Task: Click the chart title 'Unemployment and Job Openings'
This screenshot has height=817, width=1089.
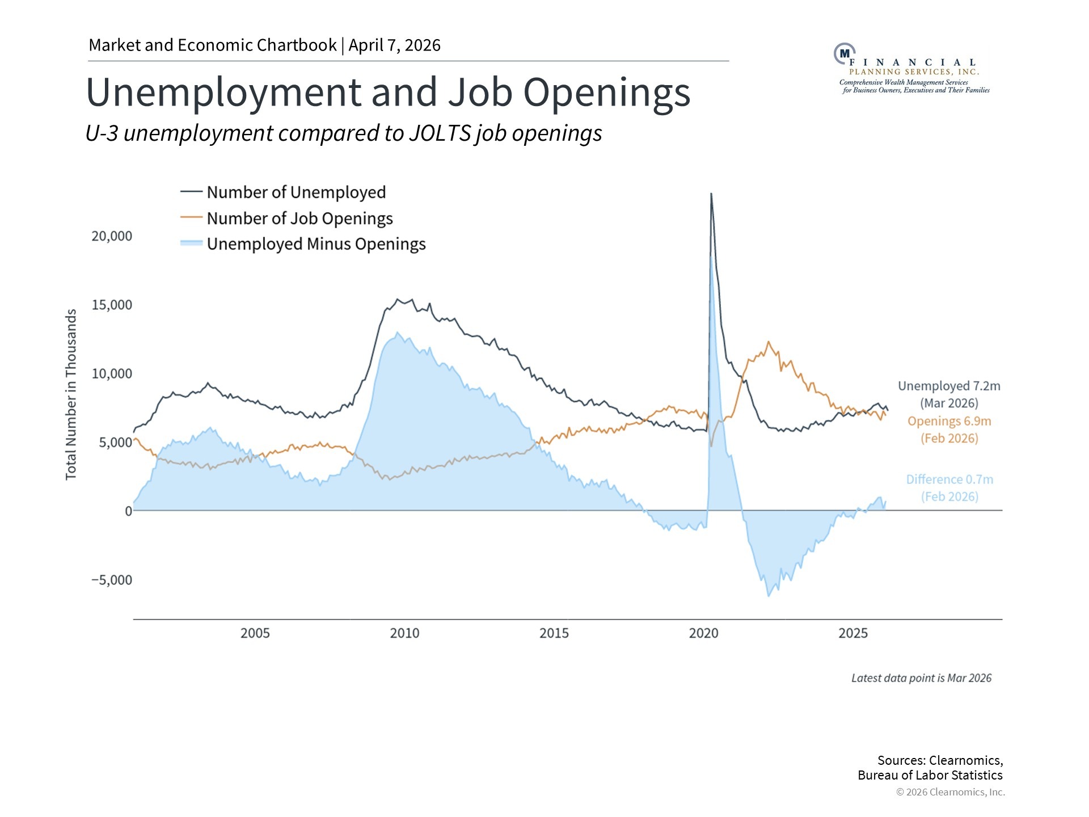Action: [388, 92]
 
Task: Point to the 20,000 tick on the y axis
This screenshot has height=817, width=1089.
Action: [112, 236]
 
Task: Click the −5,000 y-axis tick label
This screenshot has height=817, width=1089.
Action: [112, 580]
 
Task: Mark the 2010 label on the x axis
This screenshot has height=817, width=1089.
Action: [404, 633]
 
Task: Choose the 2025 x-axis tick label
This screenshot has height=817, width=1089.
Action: [853, 633]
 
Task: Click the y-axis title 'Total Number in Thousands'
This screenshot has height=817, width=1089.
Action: [71, 394]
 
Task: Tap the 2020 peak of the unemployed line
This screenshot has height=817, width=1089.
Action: [711, 194]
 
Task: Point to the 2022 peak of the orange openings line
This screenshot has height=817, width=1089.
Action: [769, 342]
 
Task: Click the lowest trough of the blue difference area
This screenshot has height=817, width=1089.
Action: [769, 596]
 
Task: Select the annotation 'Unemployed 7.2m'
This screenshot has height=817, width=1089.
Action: [949, 386]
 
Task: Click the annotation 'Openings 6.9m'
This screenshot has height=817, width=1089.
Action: [949, 422]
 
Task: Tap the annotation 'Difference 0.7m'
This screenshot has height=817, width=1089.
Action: [949, 479]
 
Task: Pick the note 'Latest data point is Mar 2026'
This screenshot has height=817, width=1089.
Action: [921, 678]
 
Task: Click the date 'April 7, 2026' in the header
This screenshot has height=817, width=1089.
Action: [395, 45]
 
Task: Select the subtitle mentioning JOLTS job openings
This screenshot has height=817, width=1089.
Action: [344, 133]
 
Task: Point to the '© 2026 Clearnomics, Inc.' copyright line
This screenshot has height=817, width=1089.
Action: [950, 792]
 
